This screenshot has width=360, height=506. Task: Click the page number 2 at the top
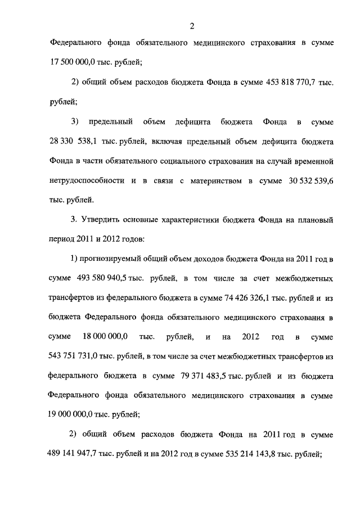192,25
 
